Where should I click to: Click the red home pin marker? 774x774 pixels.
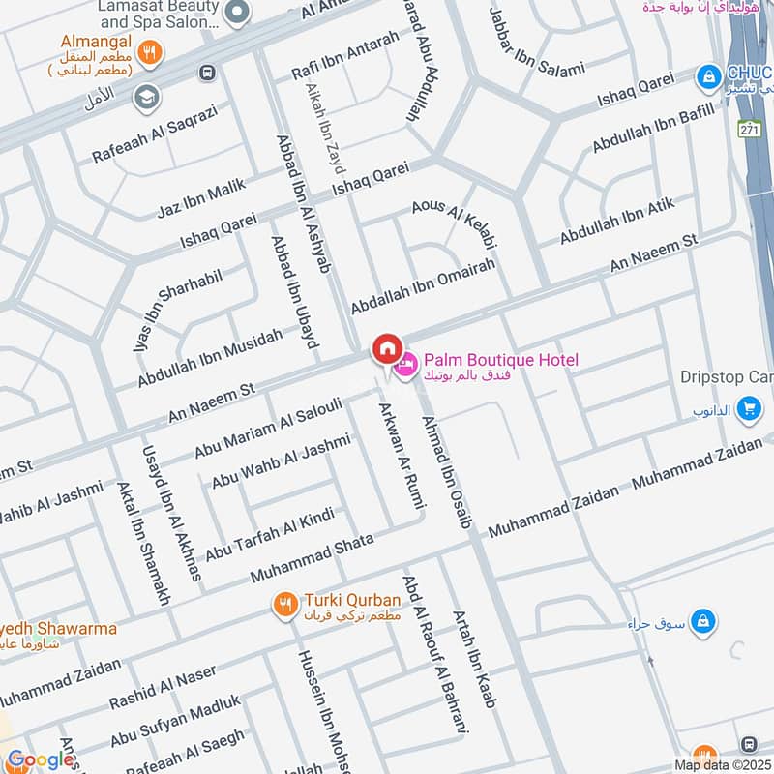(x=387, y=348)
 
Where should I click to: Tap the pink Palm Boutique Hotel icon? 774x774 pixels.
(x=406, y=365)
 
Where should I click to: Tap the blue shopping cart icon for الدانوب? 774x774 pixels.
(x=747, y=410)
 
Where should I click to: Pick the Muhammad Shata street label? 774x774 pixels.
(x=312, y=556)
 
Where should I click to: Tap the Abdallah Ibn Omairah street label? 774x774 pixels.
(x=423, y=283)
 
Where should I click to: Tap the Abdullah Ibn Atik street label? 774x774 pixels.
(x=617, y=222)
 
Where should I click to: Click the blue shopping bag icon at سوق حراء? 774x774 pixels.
(x=704, y=618)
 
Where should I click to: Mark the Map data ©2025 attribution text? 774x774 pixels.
(x=722, y=765)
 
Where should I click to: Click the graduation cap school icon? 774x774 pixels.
(x=147, y=96)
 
